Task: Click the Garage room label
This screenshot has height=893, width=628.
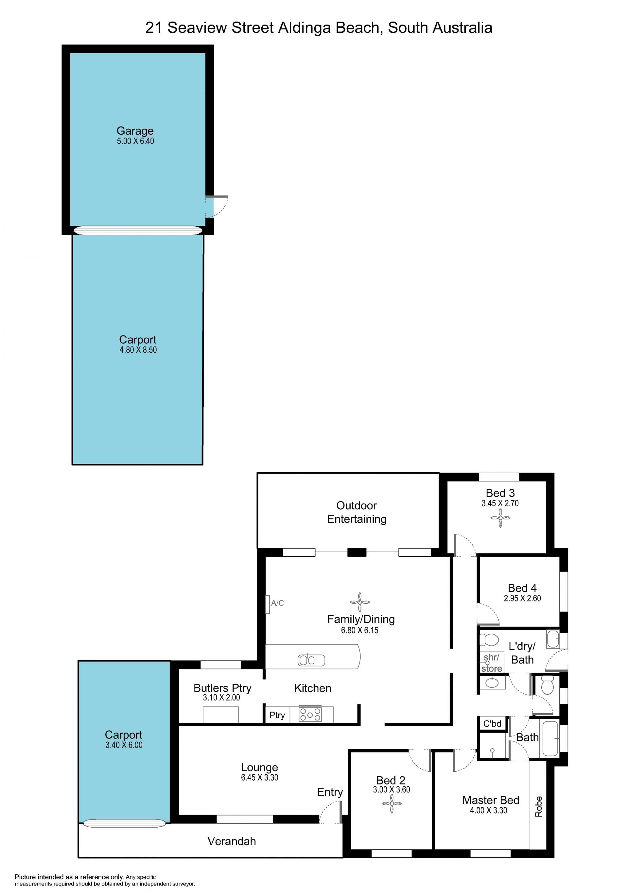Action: pos(135,131)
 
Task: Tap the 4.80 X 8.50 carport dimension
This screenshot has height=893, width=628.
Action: pos(138,350)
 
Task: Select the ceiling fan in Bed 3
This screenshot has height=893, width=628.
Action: pos(500,518)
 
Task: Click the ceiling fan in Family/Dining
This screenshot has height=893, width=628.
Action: pos(359,602)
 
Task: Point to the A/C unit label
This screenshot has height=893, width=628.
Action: pos(277,603)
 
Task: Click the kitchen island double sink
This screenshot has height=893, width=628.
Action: pos(311,660)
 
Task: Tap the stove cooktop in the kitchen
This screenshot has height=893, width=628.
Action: pos(310,715)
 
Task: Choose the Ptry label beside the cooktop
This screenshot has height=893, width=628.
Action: pos(277,715)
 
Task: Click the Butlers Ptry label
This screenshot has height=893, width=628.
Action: pos(222,688)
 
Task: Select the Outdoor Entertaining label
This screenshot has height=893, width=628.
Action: pos(357,512)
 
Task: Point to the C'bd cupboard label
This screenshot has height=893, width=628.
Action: pos(492,723)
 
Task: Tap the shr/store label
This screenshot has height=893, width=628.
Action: pos(491,663)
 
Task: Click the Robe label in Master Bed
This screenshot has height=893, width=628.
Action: pos(538,806)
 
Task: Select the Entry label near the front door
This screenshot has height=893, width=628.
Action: pos(330,792)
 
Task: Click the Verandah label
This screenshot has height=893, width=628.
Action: pos(232,841)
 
